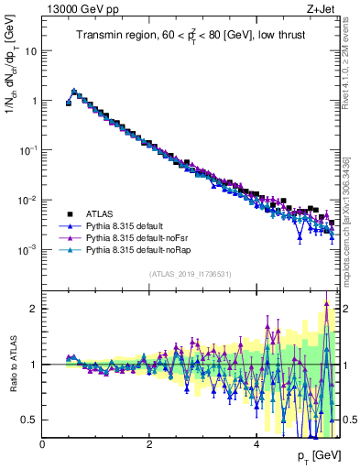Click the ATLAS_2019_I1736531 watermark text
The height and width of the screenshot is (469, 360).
pyautogui.click(x=191, y=273)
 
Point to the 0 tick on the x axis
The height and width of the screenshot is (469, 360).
pyautogui.click(x=43, y=444)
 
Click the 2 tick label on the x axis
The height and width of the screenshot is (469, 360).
pyautogui.click(x=149, y=444)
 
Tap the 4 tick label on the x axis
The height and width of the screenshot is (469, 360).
pyautogui.click(x=256, y=444)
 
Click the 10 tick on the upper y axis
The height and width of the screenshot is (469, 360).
pyautogui.click(x=31, y=51)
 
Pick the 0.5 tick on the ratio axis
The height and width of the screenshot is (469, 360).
pyautogui.click(x=30, y=420)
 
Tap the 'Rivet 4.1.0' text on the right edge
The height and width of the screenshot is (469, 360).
pyautogui.click(x=351, y=55)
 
